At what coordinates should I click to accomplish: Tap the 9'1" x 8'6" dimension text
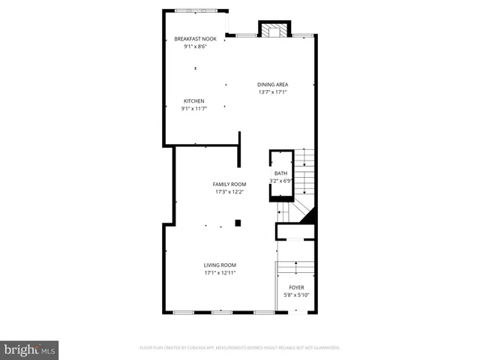pyautogui.click(x=194, y=46)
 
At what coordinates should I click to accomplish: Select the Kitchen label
pyautogui.click(x=194, y=101)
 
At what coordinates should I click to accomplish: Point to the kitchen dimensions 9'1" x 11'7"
pyautogui.click(x=194, y=109)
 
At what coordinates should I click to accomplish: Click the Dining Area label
pyautogui.click(x=273, y=85)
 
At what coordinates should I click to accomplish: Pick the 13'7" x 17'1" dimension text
pyautogui.click(x=273, y=92)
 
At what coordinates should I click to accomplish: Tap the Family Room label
pyautogui.click(x=229, y=184)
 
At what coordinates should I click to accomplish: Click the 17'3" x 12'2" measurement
pyautogui.click(x=229, y=192)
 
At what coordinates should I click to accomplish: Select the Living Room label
pyautogui.click(x=220, y=265)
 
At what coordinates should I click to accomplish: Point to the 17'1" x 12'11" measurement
pyautogui.click(x=220, y=273)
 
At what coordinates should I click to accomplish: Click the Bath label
pyautogui.click(x=280, y=174)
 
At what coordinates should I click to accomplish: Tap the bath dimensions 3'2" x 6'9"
pyautogui.click(x=280, y=181)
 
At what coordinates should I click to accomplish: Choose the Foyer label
pyautogui.click(x=297, y=287)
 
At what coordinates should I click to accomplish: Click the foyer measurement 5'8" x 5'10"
pyautogui.click(x=297, y=295)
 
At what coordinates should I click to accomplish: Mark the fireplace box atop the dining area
pyautogui.click(x=272, y=30)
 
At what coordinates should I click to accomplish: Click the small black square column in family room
pyautogui.click(x=238, y=222)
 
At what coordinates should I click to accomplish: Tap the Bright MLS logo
pyautogui.click(x=29, y=349)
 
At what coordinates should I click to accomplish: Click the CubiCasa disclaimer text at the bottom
pyautogui.click(x=240, y=348)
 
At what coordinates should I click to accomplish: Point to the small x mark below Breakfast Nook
pyautogui.click(x=195, y=68)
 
